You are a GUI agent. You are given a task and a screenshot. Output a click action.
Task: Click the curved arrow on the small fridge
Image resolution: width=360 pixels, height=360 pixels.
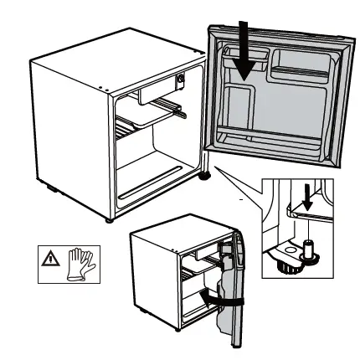(219, 298)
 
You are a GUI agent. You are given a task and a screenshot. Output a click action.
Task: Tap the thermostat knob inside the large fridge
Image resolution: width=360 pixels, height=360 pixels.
(179, 82)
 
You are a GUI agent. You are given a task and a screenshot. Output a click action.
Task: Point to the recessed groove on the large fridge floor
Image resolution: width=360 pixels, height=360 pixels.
(151, 189)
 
